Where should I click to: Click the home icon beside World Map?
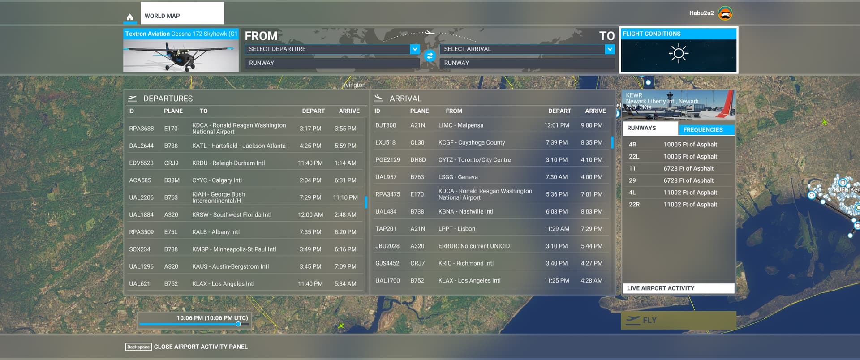click(x=130, y=17)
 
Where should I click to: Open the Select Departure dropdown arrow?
click(x=415, y=49)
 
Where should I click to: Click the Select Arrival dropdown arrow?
click(x=610, y=49)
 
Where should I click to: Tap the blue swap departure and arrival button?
click(x=430, y=56)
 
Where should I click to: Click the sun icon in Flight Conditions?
click(x=678, y=53)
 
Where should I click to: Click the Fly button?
click(x=678, y=320)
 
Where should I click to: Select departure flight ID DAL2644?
click(x=141, y=146)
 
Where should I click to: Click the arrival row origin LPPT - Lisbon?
click(x=456, y=229)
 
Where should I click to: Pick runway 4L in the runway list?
click(x=632, y=193)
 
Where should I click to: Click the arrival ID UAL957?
click(x=386, y=177)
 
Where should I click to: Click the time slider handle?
click(x=238, y=324)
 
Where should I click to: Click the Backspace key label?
click(x=138, y=347)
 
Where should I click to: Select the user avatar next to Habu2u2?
click(x=725, y=13)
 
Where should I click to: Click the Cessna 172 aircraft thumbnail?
click(x=181, y=56)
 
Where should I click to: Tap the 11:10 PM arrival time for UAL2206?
click(x=345, y=197)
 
